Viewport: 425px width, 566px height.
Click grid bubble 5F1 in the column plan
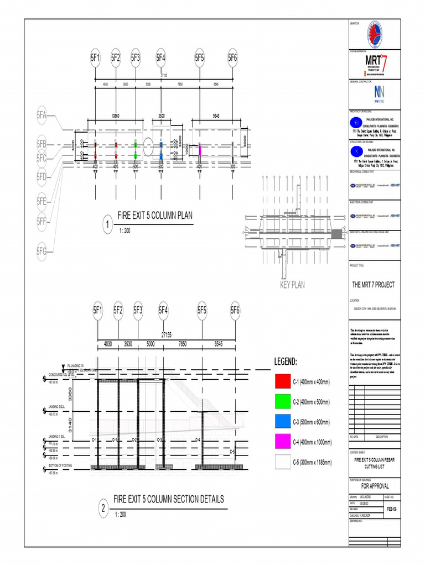[x=95, y=57]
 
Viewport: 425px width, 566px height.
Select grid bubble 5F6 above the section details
[x=235, y=310]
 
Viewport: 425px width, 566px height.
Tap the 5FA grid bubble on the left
[x=42, y=116]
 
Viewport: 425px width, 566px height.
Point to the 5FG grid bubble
[x=42, y=251]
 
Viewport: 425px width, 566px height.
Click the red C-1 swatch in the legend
[x=282, y=382]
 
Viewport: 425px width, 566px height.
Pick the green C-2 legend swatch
[x=282, y=402]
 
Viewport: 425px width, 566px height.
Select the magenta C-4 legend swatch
[x=282, y=442]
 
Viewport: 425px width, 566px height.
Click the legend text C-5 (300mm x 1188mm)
[x=312, y=462]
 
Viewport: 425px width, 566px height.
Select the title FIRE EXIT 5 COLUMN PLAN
[x=155, y=216]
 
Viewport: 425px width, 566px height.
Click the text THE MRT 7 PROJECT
[x=374, y=285]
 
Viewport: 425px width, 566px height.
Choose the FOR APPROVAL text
[x=375, y=486]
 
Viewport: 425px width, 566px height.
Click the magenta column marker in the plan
[x=199, y=149]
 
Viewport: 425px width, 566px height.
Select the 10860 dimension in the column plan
[x=115, y=117]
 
